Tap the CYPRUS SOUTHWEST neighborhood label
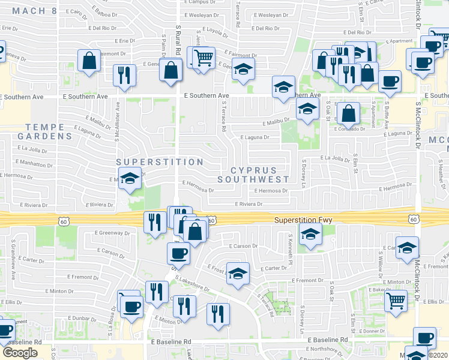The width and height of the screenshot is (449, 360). (x=253, y=174)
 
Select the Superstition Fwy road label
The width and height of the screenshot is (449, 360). (x=303, y=220)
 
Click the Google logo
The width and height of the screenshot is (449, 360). (x=20, y=352)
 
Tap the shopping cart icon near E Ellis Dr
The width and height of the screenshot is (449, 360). (x=395, y=299)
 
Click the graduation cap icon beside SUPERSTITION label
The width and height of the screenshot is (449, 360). (x=129, y=179)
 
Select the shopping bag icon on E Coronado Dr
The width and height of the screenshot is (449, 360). (x=348, y=112)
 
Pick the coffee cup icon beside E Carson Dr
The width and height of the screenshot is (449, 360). (x=178, y=253)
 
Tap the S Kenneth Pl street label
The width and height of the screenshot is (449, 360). (x=290, y=250)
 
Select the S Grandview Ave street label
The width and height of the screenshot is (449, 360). (x=13, y=268)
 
